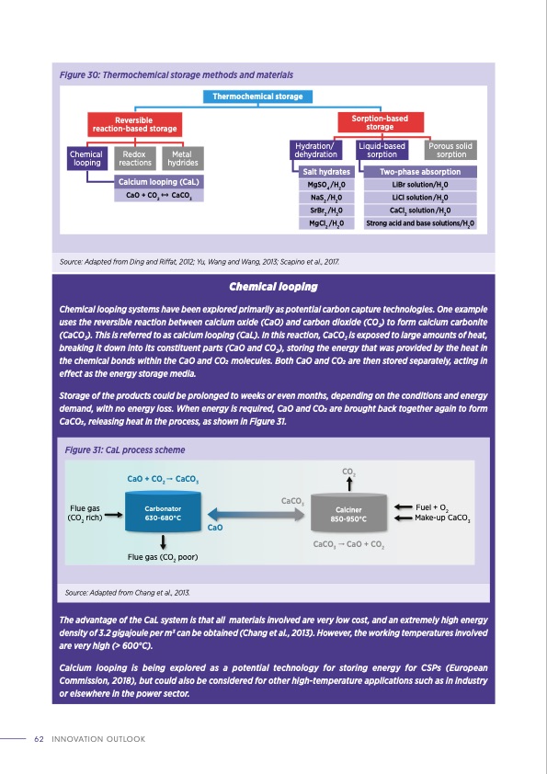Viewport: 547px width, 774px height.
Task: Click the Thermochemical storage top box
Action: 257,97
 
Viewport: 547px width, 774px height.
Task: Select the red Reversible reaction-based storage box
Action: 132,124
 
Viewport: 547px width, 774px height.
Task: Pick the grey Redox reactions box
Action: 137,158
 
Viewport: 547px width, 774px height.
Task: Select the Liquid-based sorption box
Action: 382,150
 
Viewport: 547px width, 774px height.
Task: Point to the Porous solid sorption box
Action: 450,150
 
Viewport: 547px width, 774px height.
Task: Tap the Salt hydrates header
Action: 326,172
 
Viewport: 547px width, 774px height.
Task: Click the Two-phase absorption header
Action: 419,172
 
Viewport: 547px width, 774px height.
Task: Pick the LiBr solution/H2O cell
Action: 419,185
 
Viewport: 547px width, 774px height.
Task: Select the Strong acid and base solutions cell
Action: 419,222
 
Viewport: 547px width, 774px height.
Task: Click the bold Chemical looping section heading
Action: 273,287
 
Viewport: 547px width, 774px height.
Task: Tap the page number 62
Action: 40,738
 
